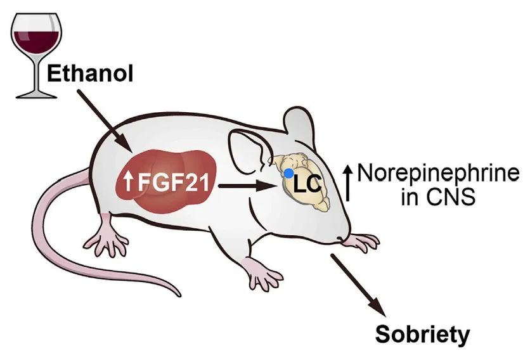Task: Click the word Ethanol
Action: [x=91, y=74]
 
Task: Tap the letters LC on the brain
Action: [x=307, y=184]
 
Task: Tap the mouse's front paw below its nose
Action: [x=365, y=241]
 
